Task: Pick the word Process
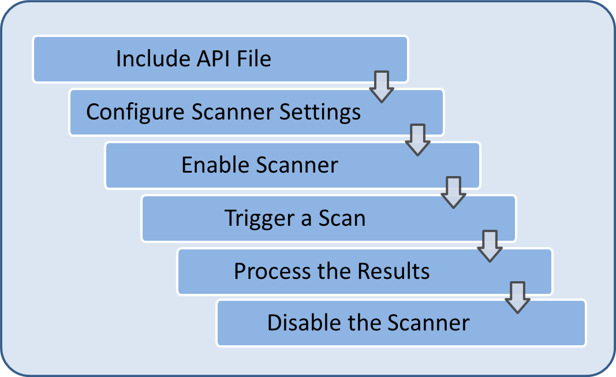click(270, 271)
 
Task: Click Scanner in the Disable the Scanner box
click(428, 323)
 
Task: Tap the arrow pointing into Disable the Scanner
click(517, 297)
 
